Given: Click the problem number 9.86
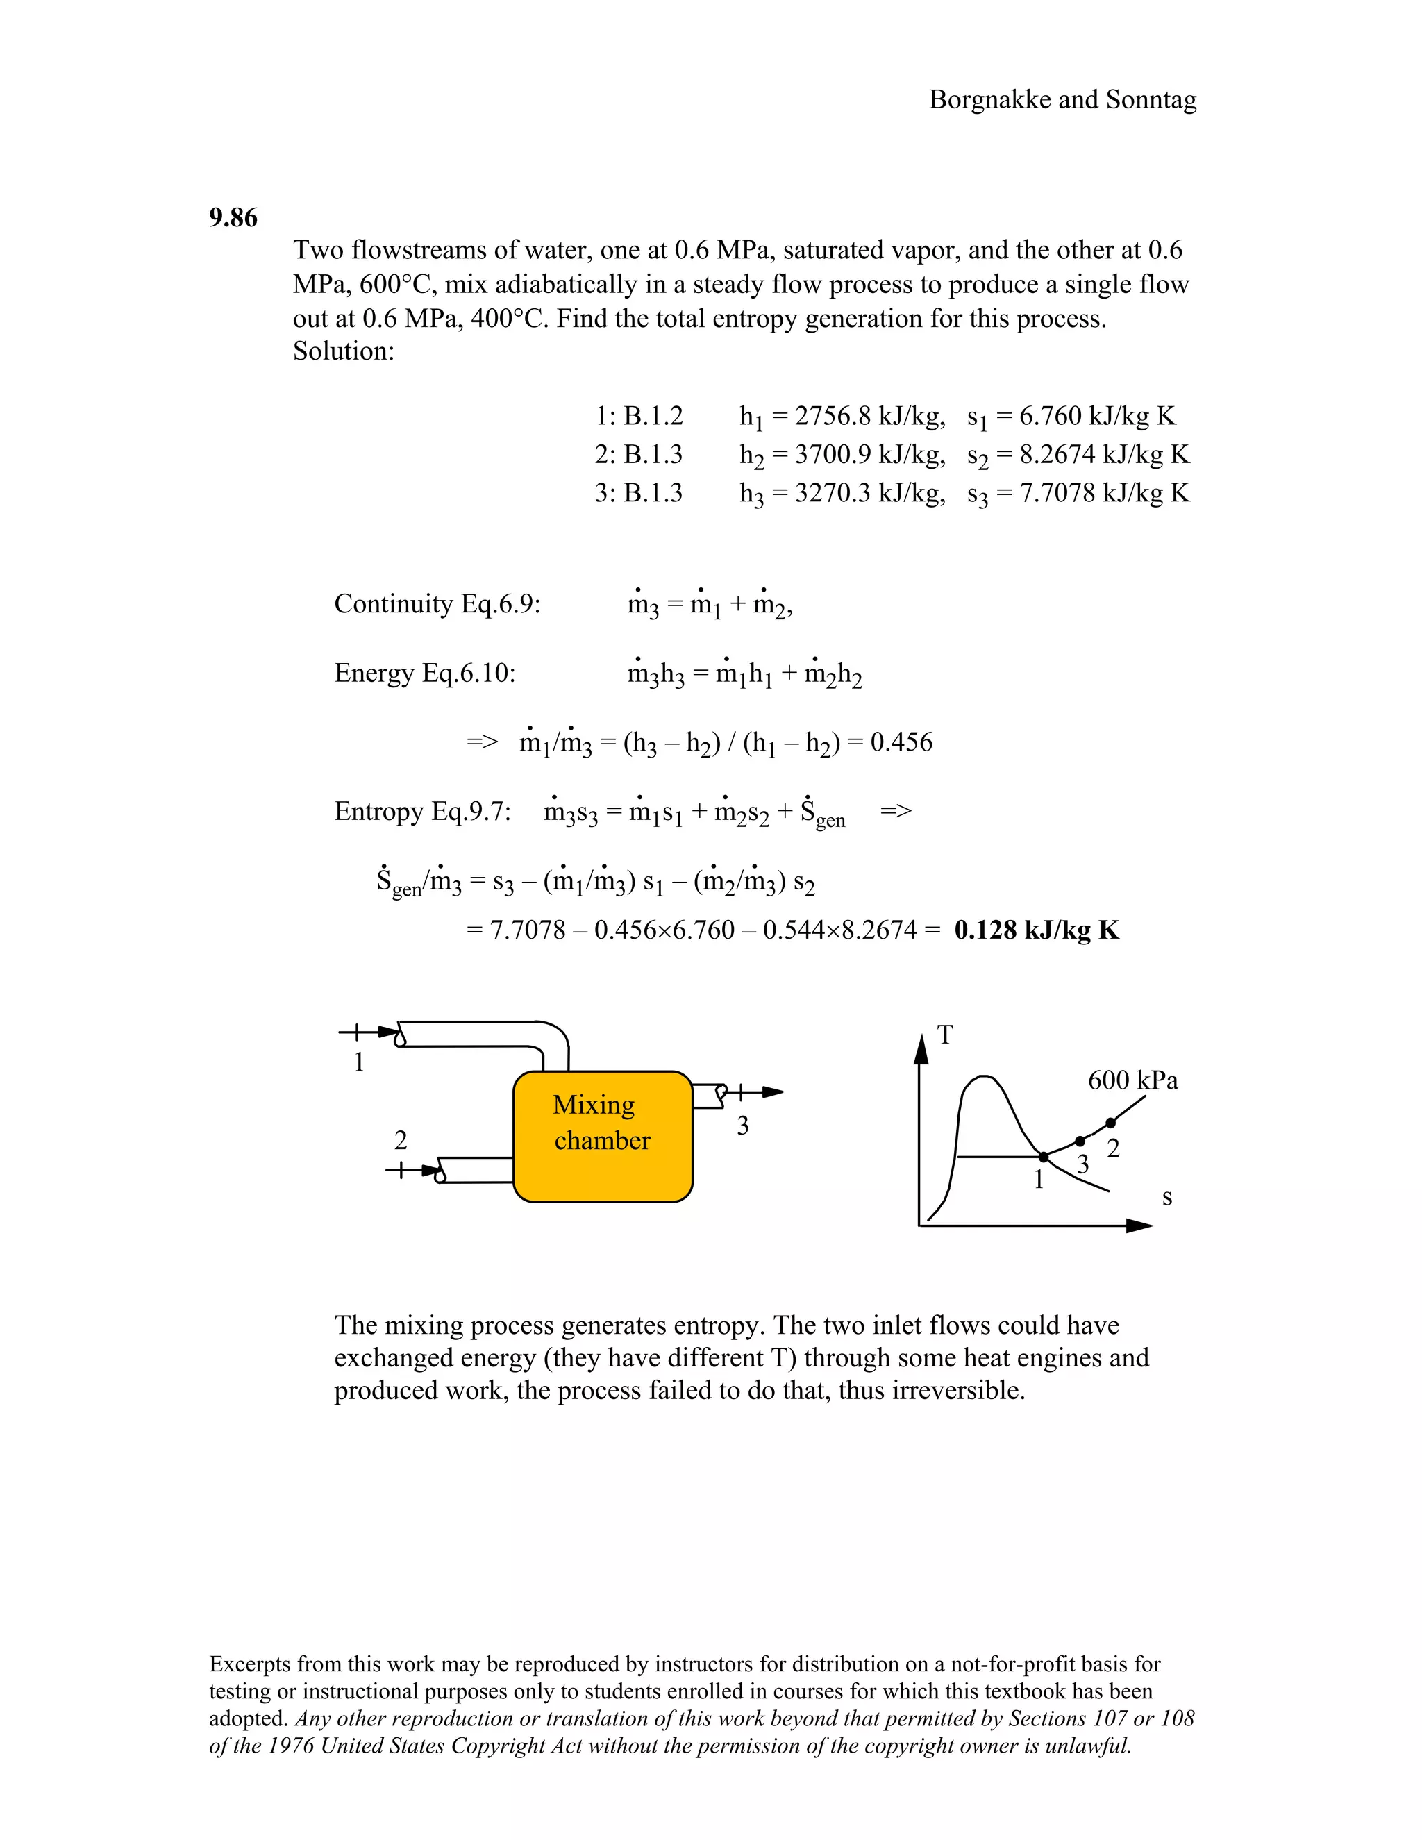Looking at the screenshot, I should tap(233, 217).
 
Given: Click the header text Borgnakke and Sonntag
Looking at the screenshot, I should tap(1062, 99).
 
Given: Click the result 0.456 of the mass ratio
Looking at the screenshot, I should tap(901, 742).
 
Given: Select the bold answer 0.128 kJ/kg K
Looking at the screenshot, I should tap(1036, 930).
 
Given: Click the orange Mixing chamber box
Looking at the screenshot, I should tap(602, 1136).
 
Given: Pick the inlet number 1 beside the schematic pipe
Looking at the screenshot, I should tap(359, 1062).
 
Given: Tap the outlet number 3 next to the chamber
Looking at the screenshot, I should tap(742, 1126).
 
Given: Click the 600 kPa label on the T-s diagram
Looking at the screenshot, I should tap(1132, 1080).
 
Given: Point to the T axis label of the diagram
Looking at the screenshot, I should tap(945, 1035).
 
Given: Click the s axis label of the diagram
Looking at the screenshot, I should tap(1166, 1197).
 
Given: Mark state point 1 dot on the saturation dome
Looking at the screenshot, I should tap(1043, 1157).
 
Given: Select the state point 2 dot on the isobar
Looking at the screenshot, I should tap(1110, 1123).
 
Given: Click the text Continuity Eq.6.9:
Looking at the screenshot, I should tap(437, 604).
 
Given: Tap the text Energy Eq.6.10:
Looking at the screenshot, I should tap(424, 673).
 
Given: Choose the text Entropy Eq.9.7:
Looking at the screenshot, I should tap(423, 811).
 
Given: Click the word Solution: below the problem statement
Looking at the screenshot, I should tap(344, 351).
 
